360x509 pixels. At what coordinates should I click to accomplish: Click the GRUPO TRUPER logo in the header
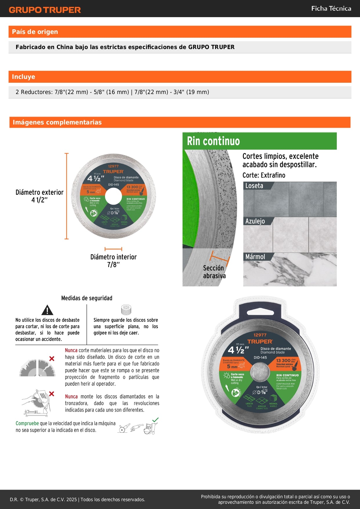(45, 10)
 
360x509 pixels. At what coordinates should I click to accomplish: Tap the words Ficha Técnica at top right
(331, 9)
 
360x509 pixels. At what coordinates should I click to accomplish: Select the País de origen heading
(35, 32)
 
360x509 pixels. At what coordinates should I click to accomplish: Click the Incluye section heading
(23, 77)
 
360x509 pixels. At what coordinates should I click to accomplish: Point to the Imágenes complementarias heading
(57, 122)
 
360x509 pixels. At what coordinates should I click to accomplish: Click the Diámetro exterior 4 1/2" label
(39, 196)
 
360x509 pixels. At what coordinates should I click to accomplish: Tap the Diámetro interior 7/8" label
(113, 260)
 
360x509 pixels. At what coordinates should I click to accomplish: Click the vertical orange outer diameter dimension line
(67, 196)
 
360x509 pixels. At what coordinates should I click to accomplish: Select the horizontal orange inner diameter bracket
(113, 249)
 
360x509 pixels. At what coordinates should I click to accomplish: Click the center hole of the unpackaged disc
(113, 197)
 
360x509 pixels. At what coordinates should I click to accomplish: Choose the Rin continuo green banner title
(214, 141)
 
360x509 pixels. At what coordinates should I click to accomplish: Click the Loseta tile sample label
(254, 186)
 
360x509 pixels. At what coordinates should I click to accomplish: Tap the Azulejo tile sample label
(255, 221)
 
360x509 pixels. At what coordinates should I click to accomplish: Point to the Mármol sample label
(255, 257)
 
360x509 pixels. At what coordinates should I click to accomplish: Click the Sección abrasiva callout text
(214, 272)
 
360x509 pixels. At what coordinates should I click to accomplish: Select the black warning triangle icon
(47, 310)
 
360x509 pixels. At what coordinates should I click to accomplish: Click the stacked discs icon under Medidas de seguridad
(126, 310)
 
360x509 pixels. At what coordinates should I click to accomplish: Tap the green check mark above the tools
(155, 420)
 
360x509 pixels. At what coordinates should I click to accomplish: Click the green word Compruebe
(27, 423)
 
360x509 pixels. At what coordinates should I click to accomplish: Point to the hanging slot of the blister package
(260, 312)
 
